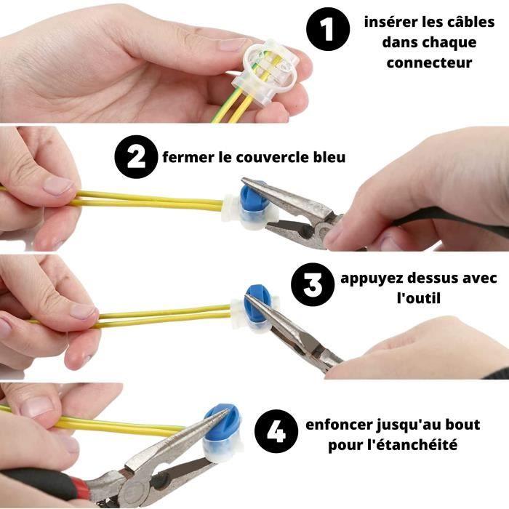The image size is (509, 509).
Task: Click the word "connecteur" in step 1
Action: point(429,63)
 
